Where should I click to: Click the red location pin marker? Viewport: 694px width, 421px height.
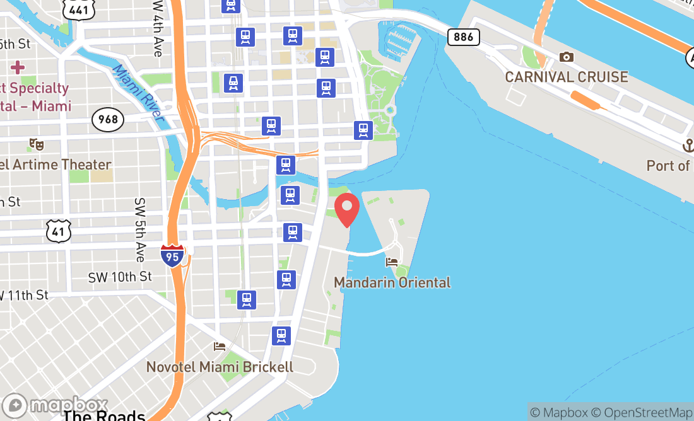346,210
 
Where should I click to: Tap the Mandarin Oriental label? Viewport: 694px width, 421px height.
392,282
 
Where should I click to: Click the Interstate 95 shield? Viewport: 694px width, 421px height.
172,254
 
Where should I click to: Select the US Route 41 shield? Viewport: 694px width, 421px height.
57,232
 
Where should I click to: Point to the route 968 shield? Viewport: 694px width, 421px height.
107,118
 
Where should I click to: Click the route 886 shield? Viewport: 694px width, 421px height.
463,37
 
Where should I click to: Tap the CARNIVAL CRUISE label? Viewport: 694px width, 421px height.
567,78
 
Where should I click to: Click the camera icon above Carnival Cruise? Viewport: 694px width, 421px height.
567,57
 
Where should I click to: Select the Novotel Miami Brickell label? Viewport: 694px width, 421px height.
220,367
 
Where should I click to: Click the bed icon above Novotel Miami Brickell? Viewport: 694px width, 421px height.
220,347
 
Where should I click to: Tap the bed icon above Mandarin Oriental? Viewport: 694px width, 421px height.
392,262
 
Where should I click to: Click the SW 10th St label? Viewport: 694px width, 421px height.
120,277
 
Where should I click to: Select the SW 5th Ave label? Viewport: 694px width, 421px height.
139,230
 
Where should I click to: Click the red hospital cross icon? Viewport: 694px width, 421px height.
18,66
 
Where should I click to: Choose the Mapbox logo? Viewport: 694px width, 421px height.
55,405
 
